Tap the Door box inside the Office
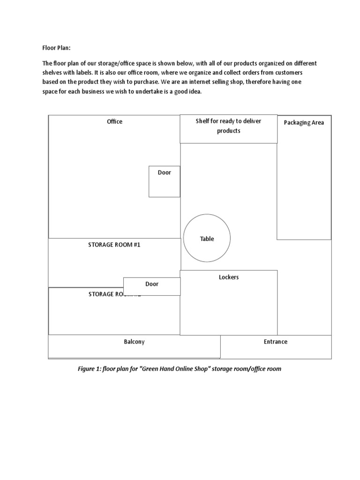[x=165, y=181]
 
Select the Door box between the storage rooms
[x=152, y=286]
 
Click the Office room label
[x=114, y=121]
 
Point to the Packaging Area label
[x=304, y=123]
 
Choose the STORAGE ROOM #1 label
[x=114, y=245]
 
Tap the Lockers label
[x=229, y=277]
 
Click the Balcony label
[x=134, y=342]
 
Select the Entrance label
[x=276, y=342]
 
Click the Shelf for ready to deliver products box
[x=229, y=129]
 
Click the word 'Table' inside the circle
[x=207, y=239]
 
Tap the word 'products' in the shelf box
[x=229, y=131]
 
